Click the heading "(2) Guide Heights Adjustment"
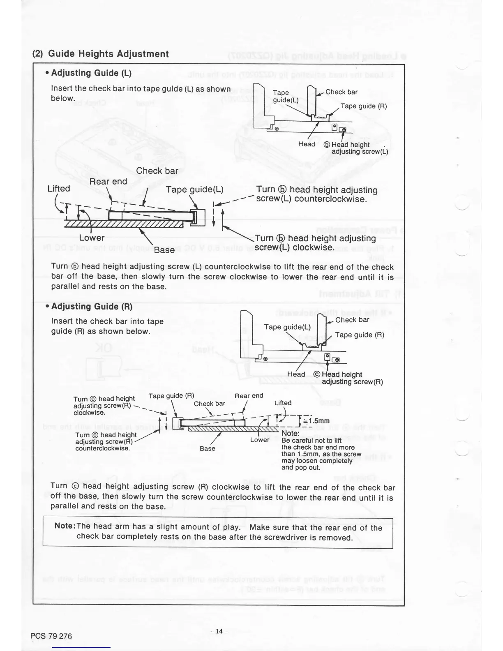pyautogui.click(x=101, y=54)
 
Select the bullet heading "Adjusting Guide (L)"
pyautogui.click(x=89, y=73)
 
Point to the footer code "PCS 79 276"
pyautogui.click(x=51, y=636)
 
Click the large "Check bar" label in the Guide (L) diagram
pyautogui.click(x=157, y=171)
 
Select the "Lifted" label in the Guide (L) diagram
pyautogui.click(x=59, y=189)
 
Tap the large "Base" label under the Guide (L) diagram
pyautogui.click(x=164, y=249)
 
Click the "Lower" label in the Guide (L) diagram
pyautogui.click(x=92, y=238)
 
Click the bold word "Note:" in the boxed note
pyautogui.click(x=65, y=527)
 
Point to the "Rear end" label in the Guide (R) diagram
pyautogui.click(x=249, y=396)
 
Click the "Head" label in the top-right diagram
pyautogui.click(x=307, y=144)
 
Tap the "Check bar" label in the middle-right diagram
pyautogui.click(x=352, y=320)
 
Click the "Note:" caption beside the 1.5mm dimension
pyautogui.click(x=290, y=434)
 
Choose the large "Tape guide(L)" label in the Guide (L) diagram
pyautogui.click(x=194, y=189)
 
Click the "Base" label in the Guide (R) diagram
pyautogui.click(x=208, y=448)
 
